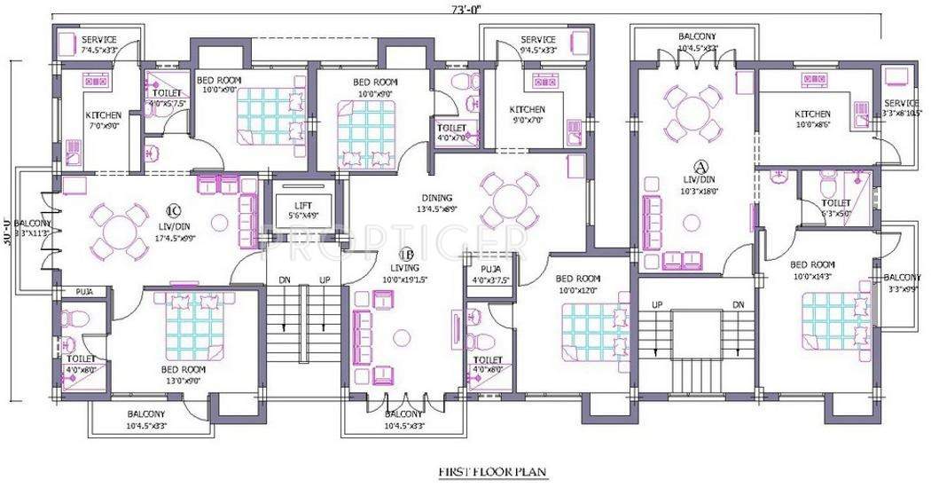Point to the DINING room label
point(437,198)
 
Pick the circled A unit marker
point(700,166)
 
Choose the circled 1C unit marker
point(173,212)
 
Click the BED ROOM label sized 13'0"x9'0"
point(183,369)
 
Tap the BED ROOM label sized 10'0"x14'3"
point(811,264)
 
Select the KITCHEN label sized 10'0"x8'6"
point(812,114)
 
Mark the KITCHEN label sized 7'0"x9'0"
point(103,115)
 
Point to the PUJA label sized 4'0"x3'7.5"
point(490,269)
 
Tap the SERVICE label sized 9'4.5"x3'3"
point(538,40)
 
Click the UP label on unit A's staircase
point(657,304)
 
